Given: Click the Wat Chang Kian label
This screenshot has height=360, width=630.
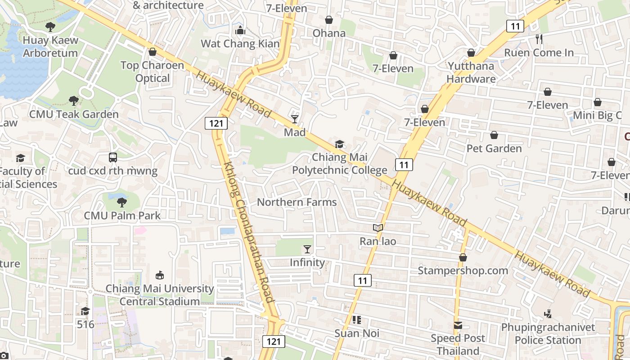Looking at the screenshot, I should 240,44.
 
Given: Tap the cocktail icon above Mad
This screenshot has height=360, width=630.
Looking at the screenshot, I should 295,119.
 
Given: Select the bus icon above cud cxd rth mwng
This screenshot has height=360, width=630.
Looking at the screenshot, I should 113,157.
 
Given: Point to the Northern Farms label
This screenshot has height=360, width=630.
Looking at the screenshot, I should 297,202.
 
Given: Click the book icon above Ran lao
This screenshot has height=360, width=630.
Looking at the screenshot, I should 378,228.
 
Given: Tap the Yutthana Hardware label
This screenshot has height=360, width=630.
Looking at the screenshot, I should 471,72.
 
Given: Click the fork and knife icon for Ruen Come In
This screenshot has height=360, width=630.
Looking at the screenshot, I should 539,39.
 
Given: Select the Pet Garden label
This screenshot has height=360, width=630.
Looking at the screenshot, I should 494,148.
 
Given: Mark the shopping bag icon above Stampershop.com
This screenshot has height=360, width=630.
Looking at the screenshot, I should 463,257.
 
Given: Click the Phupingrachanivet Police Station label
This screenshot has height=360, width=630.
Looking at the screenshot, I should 548,333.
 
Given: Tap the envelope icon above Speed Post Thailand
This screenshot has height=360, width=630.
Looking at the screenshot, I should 458,325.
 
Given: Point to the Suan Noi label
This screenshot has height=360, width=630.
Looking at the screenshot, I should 357,333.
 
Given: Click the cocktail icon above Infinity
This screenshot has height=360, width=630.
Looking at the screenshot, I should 307,249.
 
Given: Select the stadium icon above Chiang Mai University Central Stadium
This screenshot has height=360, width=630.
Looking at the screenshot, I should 159,275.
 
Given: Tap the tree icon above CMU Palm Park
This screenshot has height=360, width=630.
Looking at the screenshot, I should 122,202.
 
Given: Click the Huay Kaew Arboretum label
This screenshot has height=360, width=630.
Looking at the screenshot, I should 50,46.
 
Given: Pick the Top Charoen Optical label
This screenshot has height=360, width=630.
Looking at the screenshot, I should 152,72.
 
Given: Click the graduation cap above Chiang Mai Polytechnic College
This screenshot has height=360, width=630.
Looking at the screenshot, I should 339,144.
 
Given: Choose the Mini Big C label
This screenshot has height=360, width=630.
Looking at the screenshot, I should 597,116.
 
